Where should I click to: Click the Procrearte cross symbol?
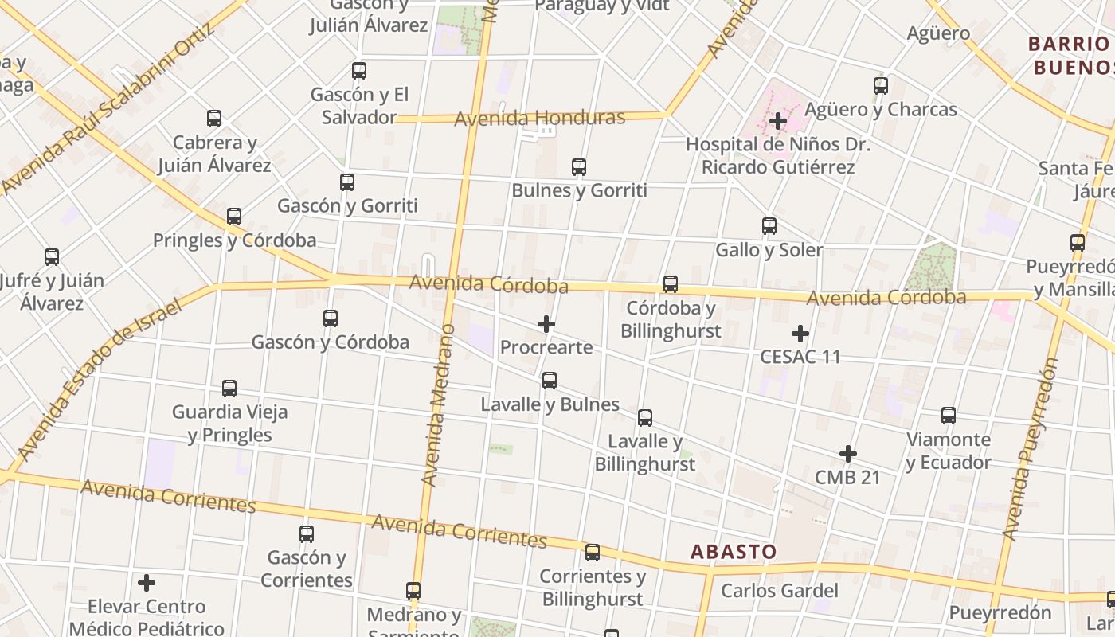point(546,324)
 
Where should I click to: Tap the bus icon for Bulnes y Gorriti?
point(579,167)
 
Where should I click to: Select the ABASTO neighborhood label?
point(733,552)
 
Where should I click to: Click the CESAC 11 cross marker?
point(800,334)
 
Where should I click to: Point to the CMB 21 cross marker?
point(848,454)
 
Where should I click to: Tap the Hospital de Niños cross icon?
point(778,121)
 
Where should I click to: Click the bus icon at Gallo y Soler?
point(769,226)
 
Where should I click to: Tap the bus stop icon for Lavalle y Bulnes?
point(550,381)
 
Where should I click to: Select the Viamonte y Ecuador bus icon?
point(949,416)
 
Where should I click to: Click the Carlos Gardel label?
point(780,591)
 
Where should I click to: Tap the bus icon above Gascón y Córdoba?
point(331,318)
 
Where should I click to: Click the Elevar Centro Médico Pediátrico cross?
point(147,583)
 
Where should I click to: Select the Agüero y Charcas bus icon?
point(881,86)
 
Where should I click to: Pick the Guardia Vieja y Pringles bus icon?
point(229,389)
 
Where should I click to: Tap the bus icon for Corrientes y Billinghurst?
point(593,553)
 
